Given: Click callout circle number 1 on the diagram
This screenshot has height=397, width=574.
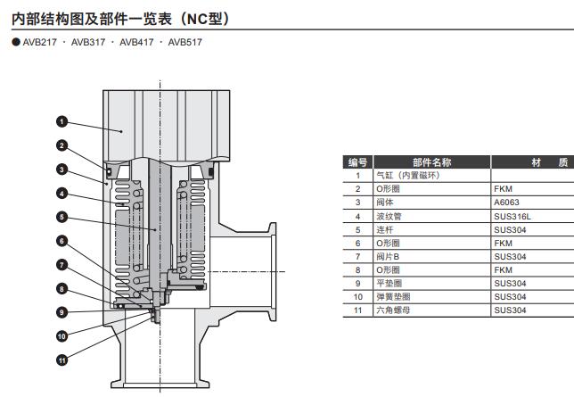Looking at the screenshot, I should pyautogui.click(x=61, y=121).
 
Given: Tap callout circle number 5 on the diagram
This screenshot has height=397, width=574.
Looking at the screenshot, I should pyautogui.click(x=61, y=217).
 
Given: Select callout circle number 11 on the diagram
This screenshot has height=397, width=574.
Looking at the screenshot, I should pyautogui.click(x=61, y=360).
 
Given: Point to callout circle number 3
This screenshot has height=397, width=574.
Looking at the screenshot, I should pyautogui.click(x=61, y=169).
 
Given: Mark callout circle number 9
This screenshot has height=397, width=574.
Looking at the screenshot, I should pyautogui.click(x=61, y=312).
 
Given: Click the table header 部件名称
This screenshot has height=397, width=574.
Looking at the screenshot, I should pyautogui.click(x=431, y=162).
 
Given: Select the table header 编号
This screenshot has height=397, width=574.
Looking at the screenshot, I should pyautogui.click(x=357, y=162).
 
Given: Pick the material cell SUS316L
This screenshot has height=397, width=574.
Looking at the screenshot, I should pyautogui.click(x=511, y=216).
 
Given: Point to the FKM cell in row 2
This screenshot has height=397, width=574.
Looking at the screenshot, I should pyautogui.click(x=503, y=189).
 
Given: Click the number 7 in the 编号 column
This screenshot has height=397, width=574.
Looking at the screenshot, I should pyautogui.click(x=357, y=256).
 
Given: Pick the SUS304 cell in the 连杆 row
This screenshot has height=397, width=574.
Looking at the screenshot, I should pyautogui.click(x=510, y=229).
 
